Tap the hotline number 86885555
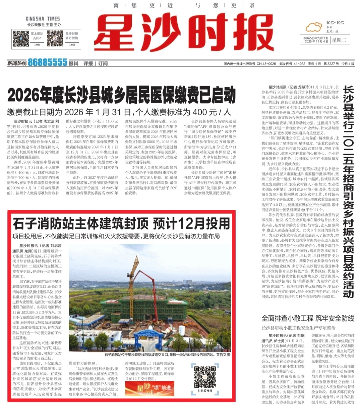point(47,63)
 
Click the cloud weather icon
point(314,27)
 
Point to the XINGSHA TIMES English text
point(43,19)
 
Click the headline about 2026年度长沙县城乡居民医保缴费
point(121,95)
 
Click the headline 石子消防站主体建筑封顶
point(121,223)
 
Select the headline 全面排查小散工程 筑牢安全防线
point(308,318)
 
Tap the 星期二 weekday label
point(339,41)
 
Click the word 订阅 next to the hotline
point(103,63)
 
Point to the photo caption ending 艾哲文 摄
point(167,354)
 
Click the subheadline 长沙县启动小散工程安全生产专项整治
point(298,328)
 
